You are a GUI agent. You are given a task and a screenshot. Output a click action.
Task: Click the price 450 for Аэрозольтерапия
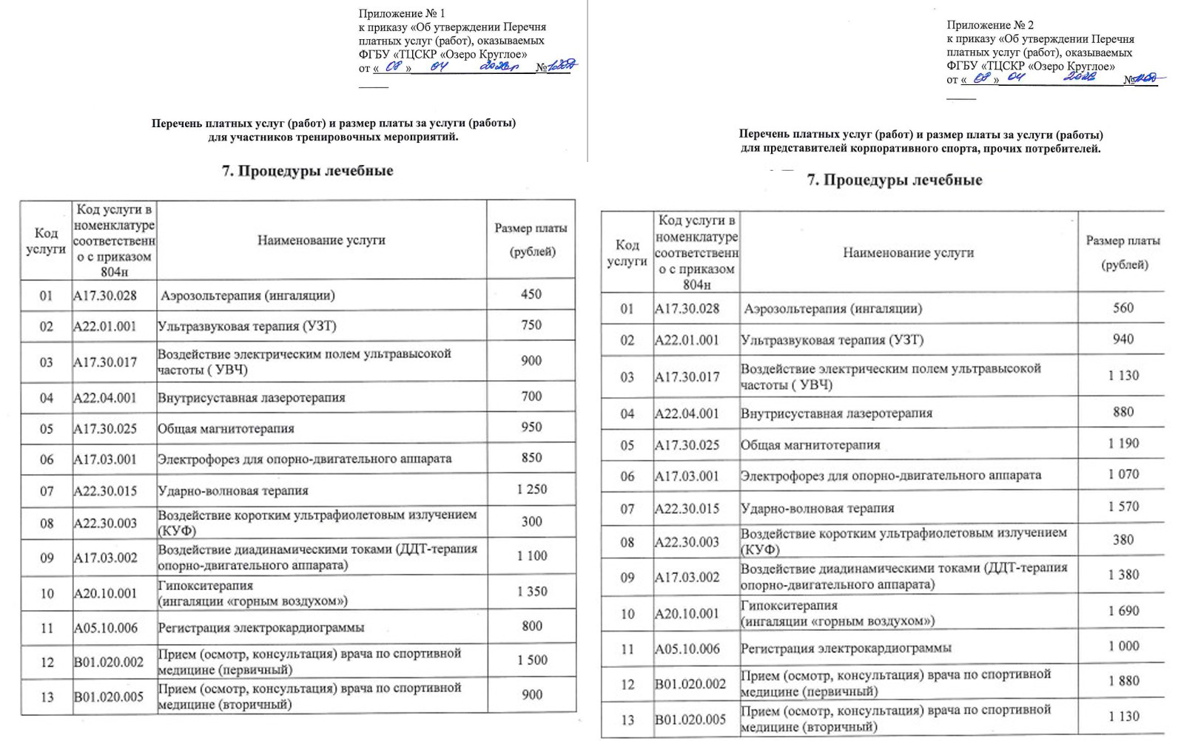pos(531,294)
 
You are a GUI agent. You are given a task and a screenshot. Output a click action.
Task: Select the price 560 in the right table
pos(1123,308)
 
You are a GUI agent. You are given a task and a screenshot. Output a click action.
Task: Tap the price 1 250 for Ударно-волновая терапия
pos(531,489)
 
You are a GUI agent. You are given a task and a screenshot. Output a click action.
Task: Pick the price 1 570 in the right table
pos(1123,507)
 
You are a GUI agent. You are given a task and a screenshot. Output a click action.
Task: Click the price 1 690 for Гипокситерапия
pos(1123,611)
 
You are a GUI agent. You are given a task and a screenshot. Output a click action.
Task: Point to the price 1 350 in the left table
pos(531,592)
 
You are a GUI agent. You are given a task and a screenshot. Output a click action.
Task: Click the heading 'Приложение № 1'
pos(402,13)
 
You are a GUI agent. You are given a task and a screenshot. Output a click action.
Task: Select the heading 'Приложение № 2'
pos(990,25)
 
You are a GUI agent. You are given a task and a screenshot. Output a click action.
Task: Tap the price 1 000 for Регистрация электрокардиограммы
pos(1123,646)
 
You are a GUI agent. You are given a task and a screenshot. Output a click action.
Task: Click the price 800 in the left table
pos(531,626)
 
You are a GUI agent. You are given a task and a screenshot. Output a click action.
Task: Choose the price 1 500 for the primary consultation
pos(531,660)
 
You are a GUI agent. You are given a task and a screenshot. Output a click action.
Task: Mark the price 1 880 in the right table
pos(1123,680)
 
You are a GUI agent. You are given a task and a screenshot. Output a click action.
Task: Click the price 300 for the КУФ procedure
pos(531,521)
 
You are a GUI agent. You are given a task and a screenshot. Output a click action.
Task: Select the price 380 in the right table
pos(1123,540)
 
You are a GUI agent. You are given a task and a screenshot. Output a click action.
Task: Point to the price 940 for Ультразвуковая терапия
pos(1123,339)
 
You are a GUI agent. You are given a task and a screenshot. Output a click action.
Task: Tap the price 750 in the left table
pos(531,325)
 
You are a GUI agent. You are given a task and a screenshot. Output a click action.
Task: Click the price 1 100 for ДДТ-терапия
pos(531,556)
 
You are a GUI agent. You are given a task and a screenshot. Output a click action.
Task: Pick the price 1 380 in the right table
pos(1123,575)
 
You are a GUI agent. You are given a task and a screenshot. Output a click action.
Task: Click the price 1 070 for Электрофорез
pos(1123,474)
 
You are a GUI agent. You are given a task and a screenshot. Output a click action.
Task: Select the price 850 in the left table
pos(531,458)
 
